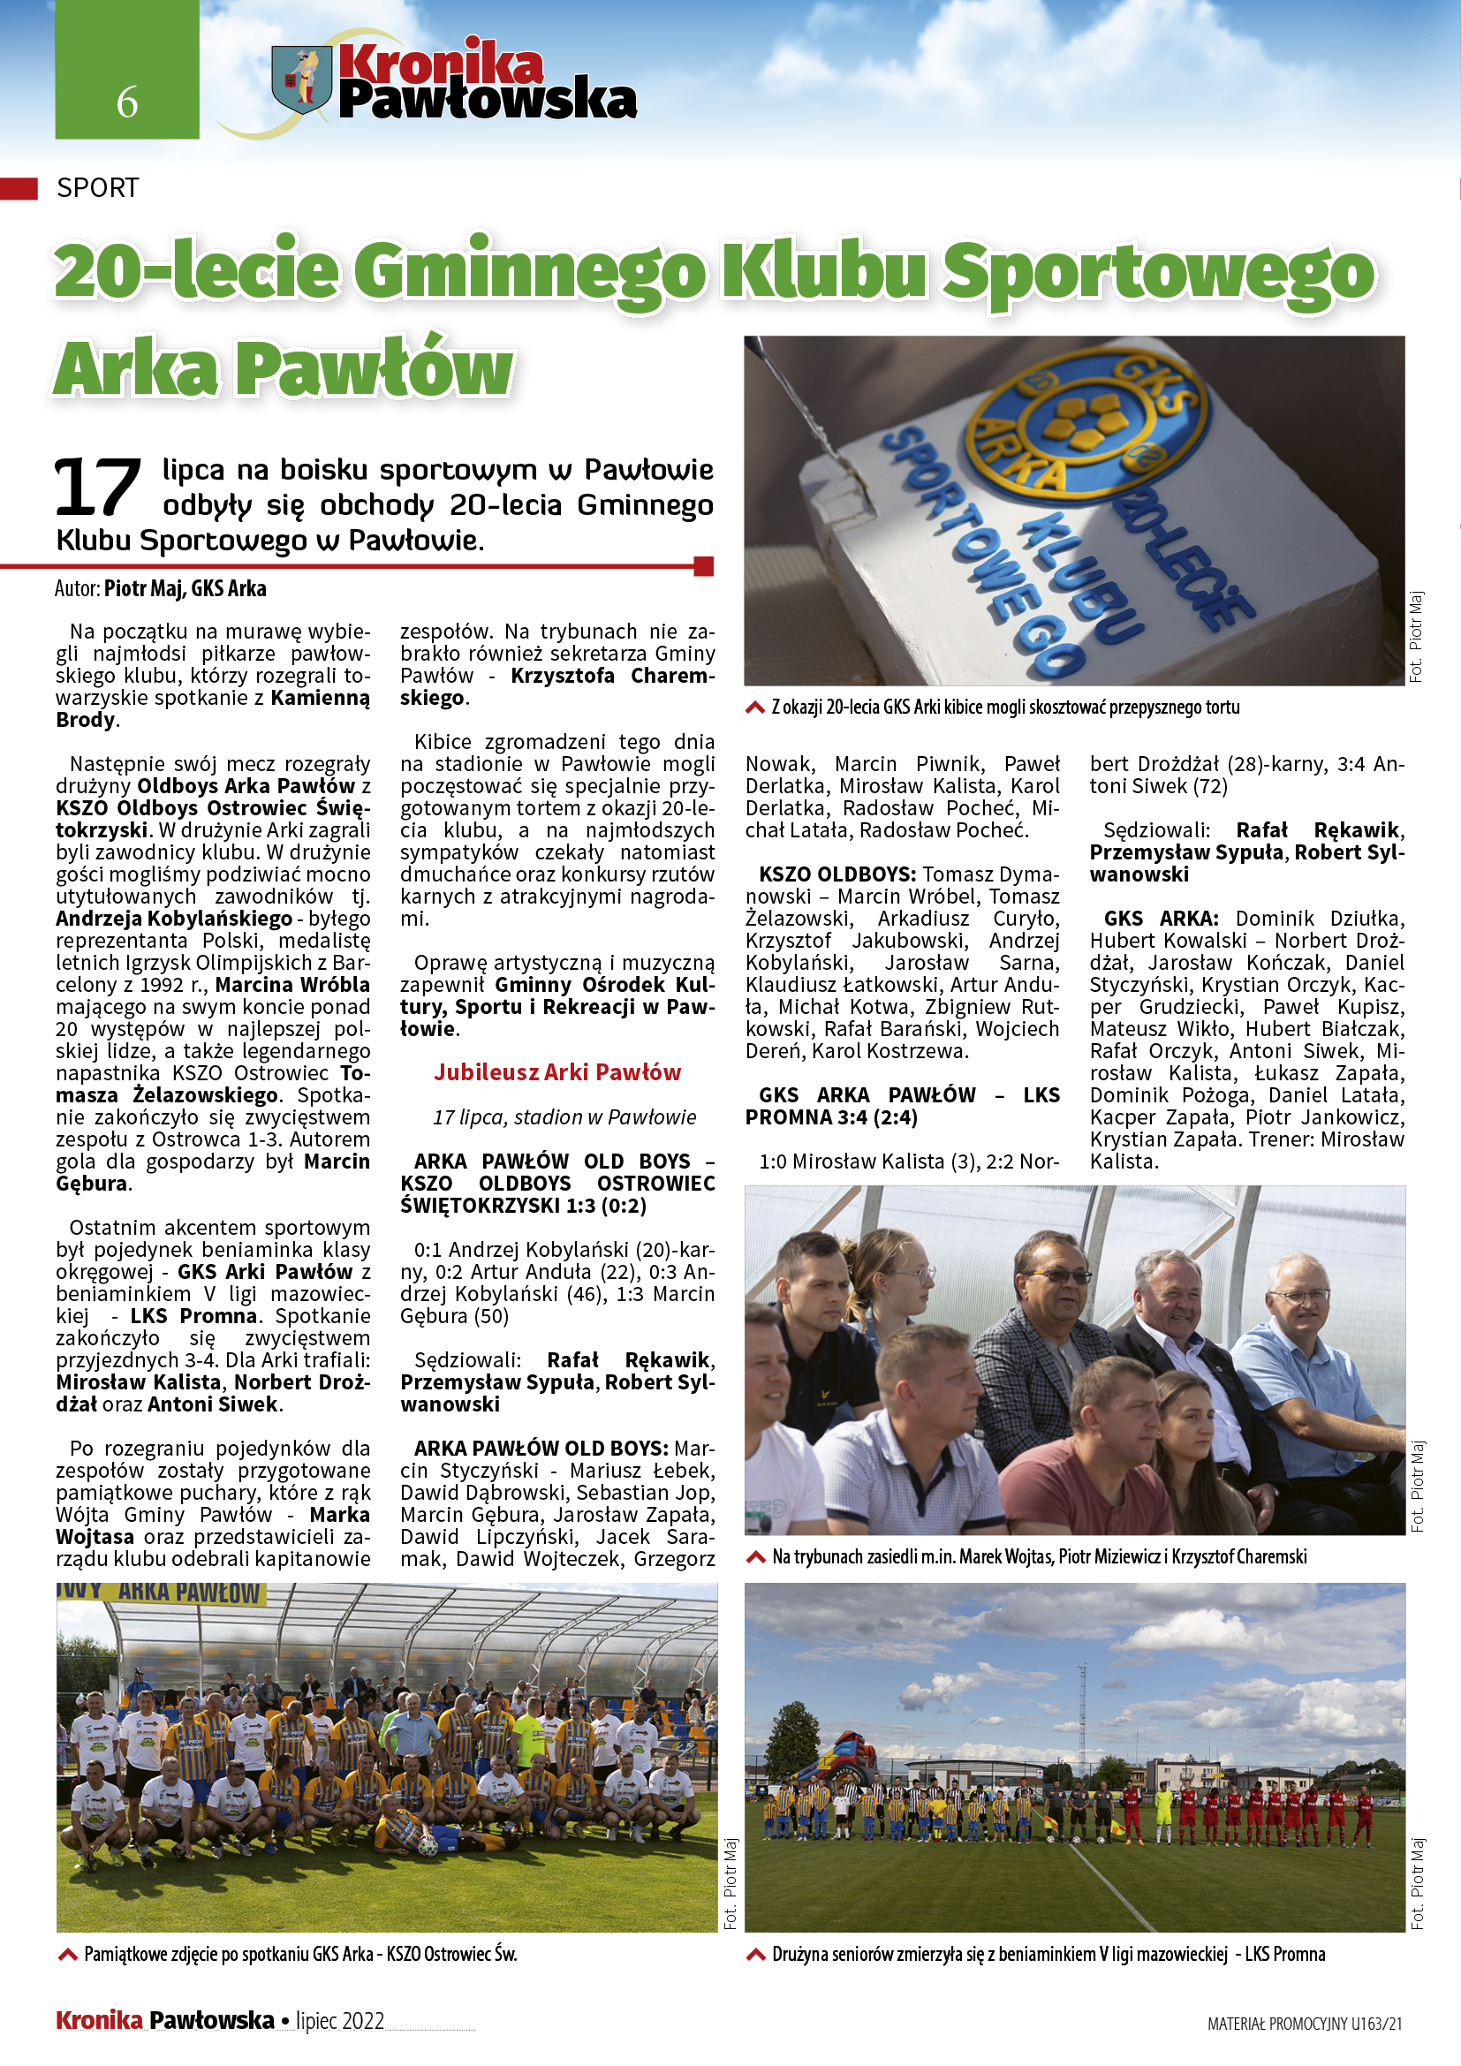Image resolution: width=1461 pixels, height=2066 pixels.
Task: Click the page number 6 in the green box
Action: pyautogui.click(x=127, y=102)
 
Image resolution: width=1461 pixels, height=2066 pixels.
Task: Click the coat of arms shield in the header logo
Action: pyautogui.click(x=301, y=80)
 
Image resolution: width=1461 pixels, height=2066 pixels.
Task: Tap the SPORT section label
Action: pyautogui.click(x=97, y=188)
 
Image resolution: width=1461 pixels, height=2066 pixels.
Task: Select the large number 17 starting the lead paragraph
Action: pyautogui.click(x=97, y=487)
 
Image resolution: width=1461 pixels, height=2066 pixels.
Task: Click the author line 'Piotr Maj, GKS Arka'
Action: pyautogui.click(x=185, y=588)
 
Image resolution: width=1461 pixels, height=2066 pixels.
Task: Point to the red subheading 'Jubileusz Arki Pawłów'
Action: pyautogui.click(x=556, y=1071)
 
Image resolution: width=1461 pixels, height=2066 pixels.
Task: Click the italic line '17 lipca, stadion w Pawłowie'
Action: pyautogui.click(x=564, y=1116)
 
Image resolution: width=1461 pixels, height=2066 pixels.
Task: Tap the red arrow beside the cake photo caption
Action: pyautogui.click(x=754, y=708)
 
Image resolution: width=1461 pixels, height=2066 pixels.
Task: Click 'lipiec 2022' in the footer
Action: pyautogui.click(x=340, y=2021)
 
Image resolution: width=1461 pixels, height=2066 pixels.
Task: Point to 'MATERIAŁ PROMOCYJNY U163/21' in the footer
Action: pyautogui.click(x=1305, y=2024)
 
